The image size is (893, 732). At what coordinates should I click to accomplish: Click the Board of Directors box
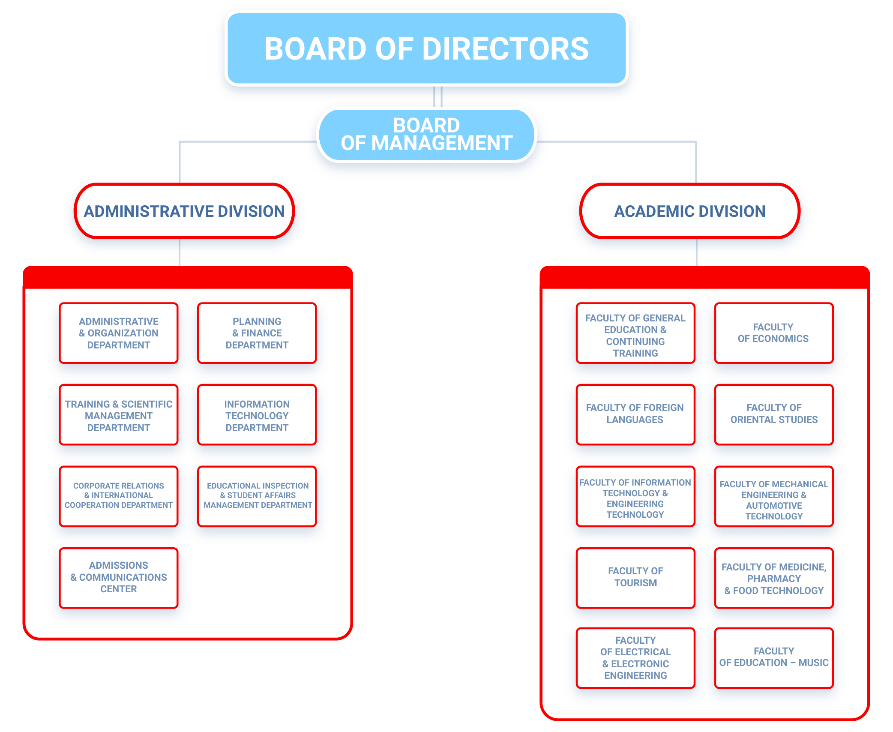point(426,48)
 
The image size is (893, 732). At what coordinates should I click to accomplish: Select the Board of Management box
point(426,135)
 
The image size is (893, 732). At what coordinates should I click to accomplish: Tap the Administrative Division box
point(184,211)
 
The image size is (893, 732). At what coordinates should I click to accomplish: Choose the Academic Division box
point(689,211)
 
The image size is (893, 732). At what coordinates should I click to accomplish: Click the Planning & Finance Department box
point(257,333)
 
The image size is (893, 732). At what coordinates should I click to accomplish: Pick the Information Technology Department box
point(257,415)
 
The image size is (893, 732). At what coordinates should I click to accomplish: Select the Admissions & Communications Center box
point(119,577)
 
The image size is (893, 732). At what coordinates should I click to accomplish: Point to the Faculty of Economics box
point(773,333)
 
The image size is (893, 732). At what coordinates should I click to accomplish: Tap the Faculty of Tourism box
point(635,577)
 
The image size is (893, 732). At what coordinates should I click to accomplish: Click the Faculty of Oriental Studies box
point(773,414)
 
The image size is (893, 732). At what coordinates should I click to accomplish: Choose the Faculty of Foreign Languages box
point(635,414)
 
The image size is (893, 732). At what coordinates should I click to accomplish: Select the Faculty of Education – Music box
point(773,657)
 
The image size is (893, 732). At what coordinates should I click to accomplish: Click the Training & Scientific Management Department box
point(119,415)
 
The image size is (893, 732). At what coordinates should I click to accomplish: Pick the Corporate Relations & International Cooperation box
point(119,495)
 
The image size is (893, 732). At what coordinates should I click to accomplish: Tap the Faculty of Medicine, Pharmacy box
point(773,578)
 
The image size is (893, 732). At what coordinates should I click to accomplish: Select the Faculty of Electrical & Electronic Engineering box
point(635,658)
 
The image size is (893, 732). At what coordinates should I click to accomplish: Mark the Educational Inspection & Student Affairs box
point(257,495)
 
